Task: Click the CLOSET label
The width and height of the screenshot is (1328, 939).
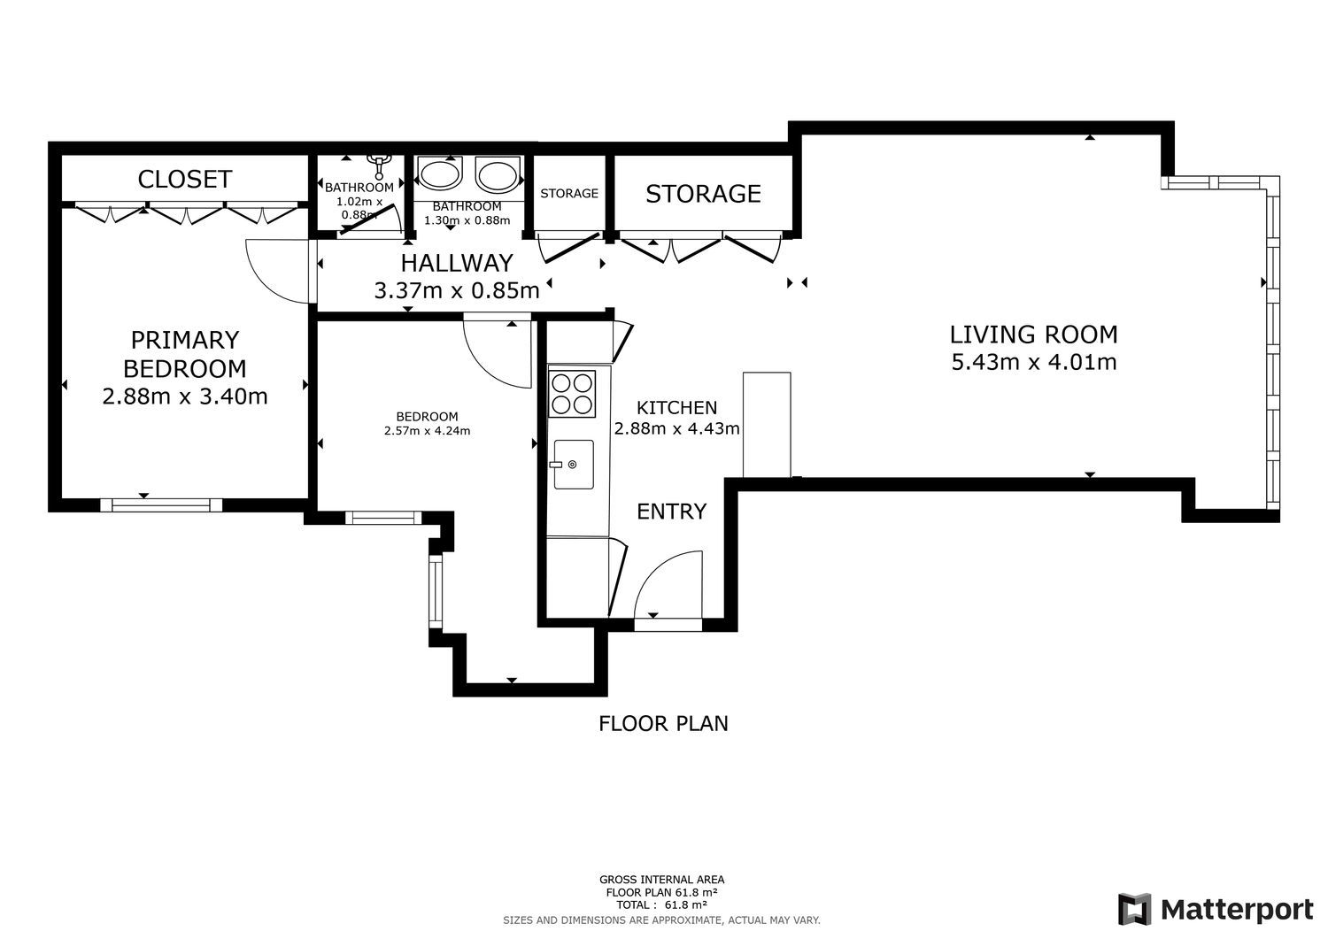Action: tap(184, 179)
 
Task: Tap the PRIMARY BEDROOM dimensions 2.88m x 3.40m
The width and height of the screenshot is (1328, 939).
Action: tap(184, 396)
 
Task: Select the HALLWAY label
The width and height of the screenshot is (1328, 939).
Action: tap(457, 263)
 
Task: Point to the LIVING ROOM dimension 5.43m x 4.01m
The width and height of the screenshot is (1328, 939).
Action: tap(1034, 362)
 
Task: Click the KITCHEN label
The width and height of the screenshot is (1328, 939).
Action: tap(676, 407)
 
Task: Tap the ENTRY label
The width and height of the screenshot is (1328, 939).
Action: tap(671, 511)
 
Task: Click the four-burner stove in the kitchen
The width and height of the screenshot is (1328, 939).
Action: tap(572, 394)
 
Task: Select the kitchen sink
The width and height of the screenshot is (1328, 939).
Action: tap(574, 464)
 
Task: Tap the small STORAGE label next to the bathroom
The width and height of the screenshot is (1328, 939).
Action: tap(569, 193)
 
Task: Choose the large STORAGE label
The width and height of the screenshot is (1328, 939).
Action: tap(703, 194)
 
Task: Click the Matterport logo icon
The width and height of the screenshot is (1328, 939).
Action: tap(1134, 909)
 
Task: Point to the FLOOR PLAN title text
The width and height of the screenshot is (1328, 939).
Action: tap(663, 723)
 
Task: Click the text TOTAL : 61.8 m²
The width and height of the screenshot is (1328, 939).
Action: tap(661, 904)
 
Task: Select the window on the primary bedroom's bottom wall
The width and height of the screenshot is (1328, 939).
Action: tap(160, 505)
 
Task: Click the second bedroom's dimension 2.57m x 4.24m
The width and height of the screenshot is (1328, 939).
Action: tap(427, 431)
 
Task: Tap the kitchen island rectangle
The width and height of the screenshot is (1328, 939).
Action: tap(767, 425)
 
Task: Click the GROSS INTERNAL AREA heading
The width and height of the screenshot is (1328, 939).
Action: tap(661, 880)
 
